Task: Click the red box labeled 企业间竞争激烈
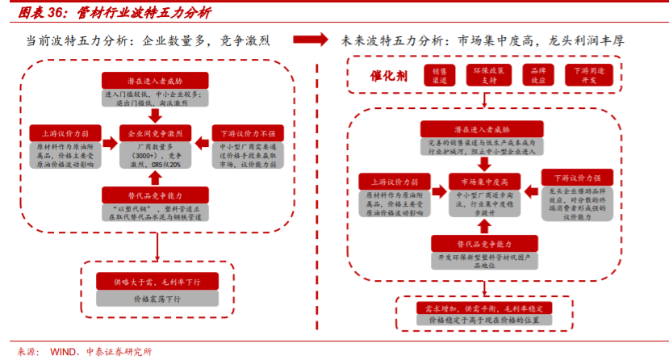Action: point(156,132)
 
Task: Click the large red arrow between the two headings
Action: point(310,40)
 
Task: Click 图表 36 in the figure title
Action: point(40,12)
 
